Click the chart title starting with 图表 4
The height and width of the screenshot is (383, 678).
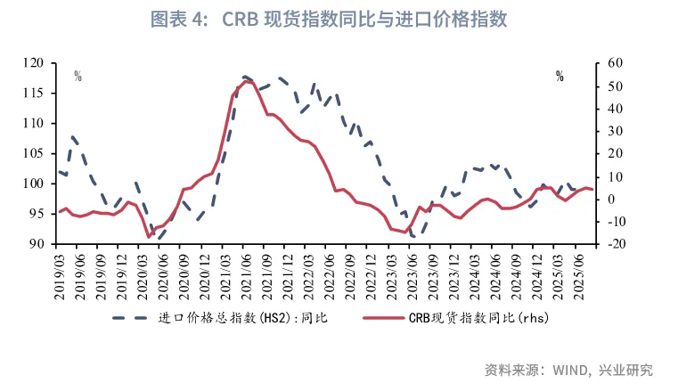(339, 19)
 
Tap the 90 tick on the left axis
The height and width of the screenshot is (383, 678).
(37, 244)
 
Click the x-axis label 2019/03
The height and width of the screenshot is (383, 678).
(59, 275)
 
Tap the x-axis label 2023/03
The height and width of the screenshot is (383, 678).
(392, 275)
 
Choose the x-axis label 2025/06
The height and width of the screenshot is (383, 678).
(580, 275)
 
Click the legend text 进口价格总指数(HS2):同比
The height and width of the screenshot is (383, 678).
(243, 317)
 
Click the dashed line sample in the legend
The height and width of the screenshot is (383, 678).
(131, 317)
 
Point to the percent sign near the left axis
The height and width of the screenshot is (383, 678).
(78, 77)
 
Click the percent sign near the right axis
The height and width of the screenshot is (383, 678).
(560, 77)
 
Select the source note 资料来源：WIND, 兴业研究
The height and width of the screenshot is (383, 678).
(568, 368)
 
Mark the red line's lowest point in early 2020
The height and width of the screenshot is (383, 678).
(149, 238)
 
